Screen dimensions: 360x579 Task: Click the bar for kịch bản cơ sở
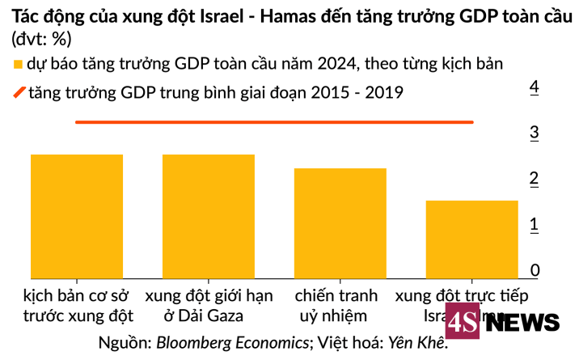(77, 215)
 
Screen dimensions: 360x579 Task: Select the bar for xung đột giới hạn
(209, 215)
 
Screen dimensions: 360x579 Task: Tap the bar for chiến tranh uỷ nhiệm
(340, 222)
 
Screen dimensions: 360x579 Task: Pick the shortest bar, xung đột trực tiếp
(471, 239)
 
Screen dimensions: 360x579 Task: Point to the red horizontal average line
(274, 122)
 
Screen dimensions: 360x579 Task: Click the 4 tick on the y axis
(534, 87)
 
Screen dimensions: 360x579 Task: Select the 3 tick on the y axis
(534, 133)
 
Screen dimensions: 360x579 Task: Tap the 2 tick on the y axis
(534, 179)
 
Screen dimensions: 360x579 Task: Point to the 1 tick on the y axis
(534, 225)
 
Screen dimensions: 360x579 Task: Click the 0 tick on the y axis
(534, 270)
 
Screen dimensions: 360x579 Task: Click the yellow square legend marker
(18, 64)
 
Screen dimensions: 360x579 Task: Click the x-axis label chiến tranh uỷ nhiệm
(340, 305)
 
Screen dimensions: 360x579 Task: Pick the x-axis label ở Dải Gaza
(209, 316)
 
